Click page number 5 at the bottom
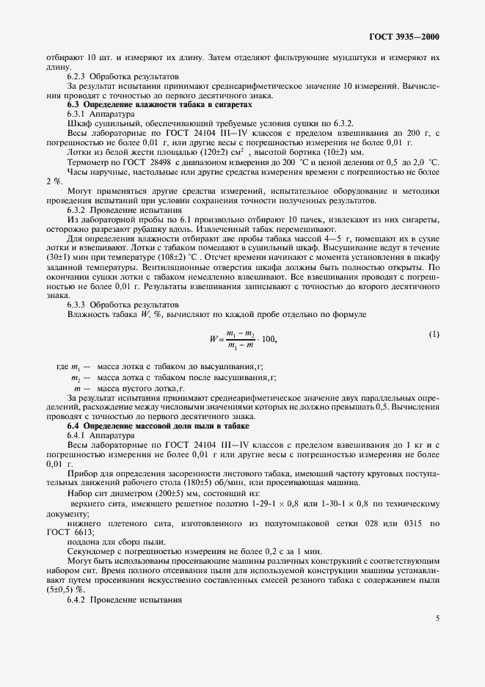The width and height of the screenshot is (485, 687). click(x=437, y=618)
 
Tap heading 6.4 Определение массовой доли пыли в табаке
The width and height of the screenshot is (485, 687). click(x=158, y=426)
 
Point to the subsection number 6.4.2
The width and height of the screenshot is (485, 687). click(x=78, y=601)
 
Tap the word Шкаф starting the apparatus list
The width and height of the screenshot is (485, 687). click(x=78, y=123)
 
